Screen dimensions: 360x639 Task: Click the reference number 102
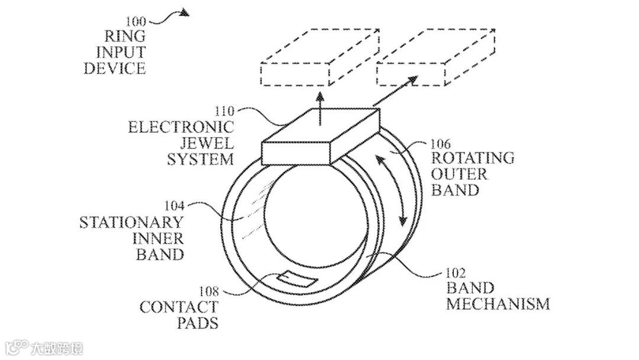456,274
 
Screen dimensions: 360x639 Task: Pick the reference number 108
208,292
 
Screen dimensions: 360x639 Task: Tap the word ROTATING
472,159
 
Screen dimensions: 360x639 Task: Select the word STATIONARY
131,223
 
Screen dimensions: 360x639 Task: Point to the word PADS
198,323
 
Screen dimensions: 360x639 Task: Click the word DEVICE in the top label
114,68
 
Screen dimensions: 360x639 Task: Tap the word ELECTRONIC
181,127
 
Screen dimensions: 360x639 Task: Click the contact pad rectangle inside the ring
296,278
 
